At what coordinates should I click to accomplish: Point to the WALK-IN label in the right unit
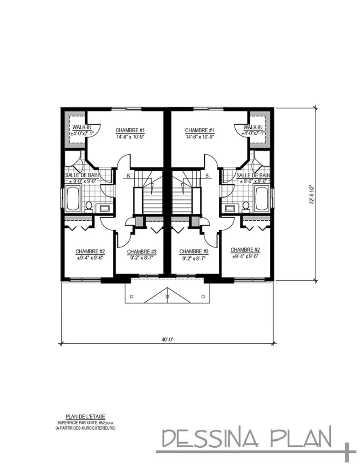click(x=253, y=127)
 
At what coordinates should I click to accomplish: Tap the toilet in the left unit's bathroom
click(x=89, y=207)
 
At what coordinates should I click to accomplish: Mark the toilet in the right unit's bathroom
click(x=246, y=207)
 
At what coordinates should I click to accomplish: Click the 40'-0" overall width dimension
click(x=167, y=339)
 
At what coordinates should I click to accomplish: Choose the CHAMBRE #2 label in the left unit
click(x=90, y=251)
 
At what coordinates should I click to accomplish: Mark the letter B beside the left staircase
click(x=129, y=176)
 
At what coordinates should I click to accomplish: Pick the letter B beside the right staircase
click(x=207, y=176)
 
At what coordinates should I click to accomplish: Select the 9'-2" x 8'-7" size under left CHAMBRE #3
click(x=142, y=258)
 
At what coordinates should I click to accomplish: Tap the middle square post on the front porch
click(x=167, y=296)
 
